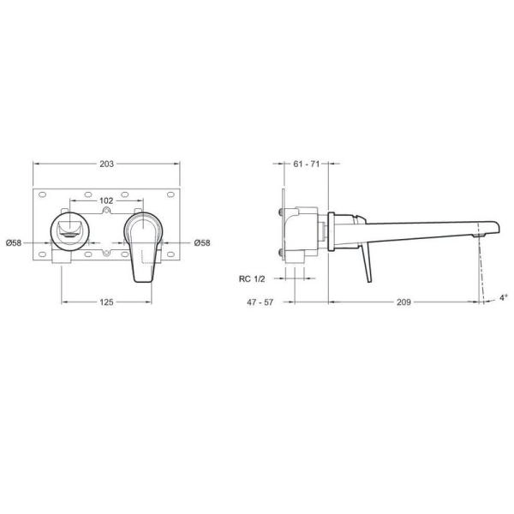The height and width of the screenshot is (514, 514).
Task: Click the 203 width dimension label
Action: coord(106,164)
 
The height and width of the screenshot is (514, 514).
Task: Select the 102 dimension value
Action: coord(106,200)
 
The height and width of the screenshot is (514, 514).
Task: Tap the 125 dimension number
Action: coord(106,302)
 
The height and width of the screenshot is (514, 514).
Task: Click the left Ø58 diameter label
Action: coord(14,243)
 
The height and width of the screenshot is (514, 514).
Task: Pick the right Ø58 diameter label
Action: coord(202,243)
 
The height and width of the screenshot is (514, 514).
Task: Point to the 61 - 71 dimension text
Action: coord(306,164)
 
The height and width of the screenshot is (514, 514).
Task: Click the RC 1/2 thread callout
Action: coord(252,279)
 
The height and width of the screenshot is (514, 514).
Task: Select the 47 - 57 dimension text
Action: coord(260,302)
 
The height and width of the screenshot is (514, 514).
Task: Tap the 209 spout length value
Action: coord(403,302)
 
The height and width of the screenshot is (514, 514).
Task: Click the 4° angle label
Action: coord(503,297)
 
